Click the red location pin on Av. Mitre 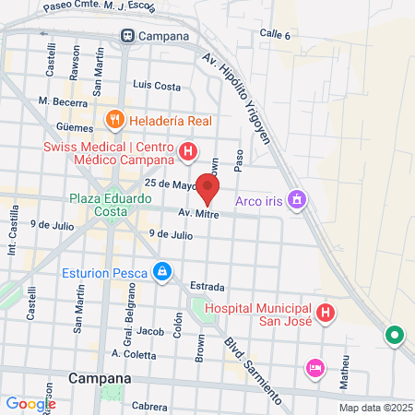pos(207,187)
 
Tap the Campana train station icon pos(125,36)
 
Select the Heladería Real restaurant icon pos(114,120)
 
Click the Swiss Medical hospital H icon pos(188,150)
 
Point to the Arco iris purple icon pos(297,198)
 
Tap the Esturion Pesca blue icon pos(162,271)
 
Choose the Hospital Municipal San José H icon pos(325,314)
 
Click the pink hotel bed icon pos(314,368)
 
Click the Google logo pos(30,403)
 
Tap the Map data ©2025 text pos(374,407)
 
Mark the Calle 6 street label pos(275,34)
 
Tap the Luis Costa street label pos(157,85)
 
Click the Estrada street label pos(207,286)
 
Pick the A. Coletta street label pos(129,353)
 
